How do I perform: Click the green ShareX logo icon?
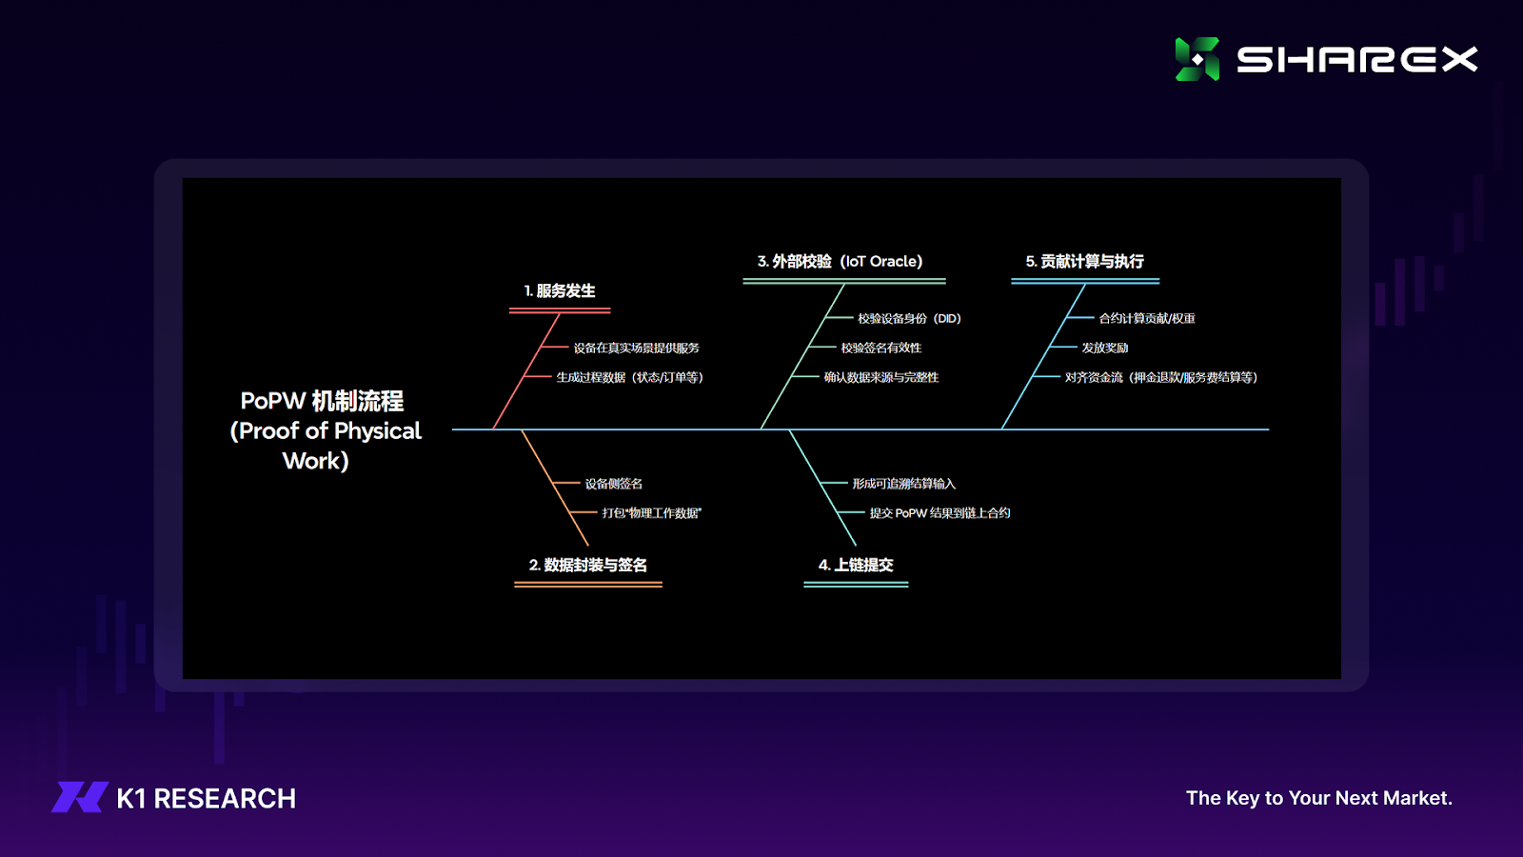1197,59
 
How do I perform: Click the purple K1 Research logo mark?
80,797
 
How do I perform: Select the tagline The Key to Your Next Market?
1319,798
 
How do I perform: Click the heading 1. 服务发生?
560,291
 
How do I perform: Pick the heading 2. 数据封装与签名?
588,566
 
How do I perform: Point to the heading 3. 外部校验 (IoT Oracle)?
841,261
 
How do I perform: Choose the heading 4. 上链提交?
856,566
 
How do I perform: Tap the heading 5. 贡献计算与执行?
1084,261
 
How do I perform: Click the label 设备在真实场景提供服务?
637,349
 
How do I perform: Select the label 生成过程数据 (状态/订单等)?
630,377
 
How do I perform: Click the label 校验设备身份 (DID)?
910,318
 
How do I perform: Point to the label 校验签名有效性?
881,349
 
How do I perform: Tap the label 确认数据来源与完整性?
881,377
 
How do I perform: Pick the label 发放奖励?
1105,349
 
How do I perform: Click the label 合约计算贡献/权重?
1147,318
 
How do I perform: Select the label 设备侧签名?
614,484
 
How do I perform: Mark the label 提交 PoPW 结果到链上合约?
940,513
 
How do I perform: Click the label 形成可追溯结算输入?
904,484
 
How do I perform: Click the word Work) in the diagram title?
315,461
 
